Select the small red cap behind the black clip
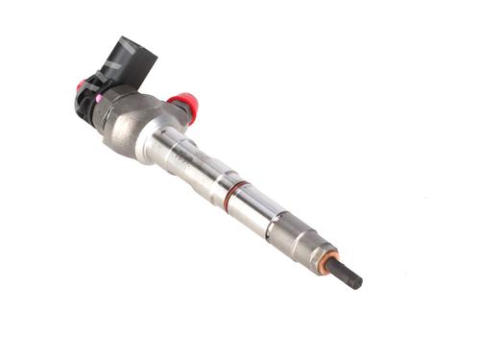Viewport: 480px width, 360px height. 81,85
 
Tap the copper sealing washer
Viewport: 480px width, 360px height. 329,259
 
